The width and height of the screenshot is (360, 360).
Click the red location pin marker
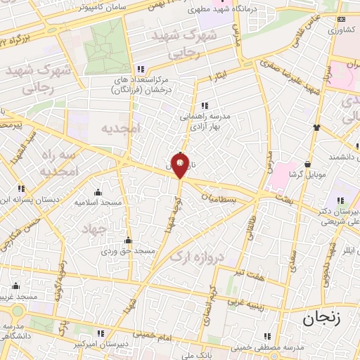[181, 167]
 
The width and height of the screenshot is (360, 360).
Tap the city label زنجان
[323, 318]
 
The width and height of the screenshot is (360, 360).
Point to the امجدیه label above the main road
[120, 129]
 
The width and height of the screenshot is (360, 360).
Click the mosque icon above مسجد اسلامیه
[98, 192]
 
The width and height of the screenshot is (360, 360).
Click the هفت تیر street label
[250, 272]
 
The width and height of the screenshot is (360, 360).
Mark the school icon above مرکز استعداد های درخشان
[141, 69]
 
